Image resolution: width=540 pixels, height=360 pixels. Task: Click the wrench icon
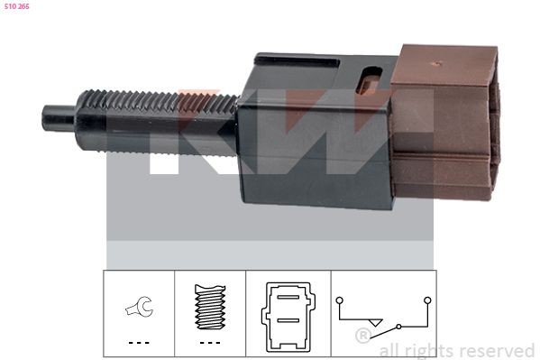[138, 307]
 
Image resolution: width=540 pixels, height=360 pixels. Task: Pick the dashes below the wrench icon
[138, 343]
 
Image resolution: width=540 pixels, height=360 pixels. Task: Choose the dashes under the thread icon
[209, 343]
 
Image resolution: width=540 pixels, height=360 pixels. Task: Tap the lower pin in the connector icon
[288, 318]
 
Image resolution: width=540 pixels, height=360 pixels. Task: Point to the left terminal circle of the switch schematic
[338, 299]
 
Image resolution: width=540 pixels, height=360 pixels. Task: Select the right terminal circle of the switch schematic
[427, 299]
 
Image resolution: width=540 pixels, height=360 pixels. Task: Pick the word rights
[430, 350]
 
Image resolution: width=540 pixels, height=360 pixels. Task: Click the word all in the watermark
[390, 350]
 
